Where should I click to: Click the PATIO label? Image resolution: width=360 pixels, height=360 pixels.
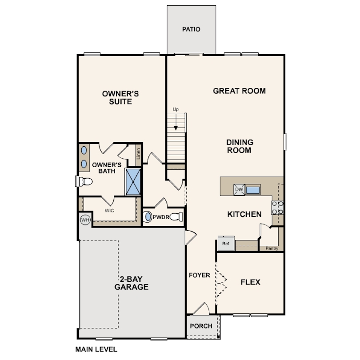click(191, 29)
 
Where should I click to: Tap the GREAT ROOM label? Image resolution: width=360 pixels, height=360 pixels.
click(239, 91)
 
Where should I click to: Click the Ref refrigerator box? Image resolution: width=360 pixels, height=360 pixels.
click(226, 244)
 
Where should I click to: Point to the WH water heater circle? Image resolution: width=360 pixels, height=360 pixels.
click(85, 219)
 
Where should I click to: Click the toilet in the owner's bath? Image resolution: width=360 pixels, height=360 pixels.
click(84, 181)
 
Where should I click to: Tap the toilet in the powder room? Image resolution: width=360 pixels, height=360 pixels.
click(177, 217)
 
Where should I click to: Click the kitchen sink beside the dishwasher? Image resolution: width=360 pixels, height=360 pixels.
click(253, 190)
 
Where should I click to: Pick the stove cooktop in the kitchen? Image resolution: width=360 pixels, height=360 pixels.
click(278, 208)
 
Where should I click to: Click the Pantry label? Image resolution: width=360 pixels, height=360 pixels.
click(272, 248)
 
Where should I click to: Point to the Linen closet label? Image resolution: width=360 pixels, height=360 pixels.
click(138, 153)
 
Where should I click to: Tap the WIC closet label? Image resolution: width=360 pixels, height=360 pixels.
click(109, 211)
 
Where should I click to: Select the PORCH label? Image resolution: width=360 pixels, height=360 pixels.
click(201, 326)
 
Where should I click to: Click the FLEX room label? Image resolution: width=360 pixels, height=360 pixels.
click(250, 282)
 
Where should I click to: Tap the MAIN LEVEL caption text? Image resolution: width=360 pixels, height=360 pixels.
click(96, 349)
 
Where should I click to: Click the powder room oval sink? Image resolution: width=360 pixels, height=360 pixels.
click(148, 217)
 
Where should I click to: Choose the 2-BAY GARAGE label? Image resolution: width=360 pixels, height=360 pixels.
click(131, 283)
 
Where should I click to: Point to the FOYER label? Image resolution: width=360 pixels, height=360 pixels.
click(199, 275)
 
